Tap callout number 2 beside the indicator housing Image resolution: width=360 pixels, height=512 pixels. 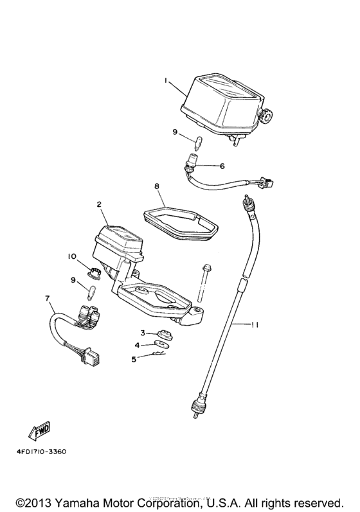click(99, 205)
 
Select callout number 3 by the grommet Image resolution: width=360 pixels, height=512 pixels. click(143, 333)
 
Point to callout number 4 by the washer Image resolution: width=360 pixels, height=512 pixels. click(137, 345)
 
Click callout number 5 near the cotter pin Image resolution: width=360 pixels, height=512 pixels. click(134, 359)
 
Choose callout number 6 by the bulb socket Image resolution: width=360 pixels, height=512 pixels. click(222, 166)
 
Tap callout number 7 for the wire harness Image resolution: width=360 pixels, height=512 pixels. click(48, 298)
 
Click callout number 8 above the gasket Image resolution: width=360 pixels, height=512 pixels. click(157, 186)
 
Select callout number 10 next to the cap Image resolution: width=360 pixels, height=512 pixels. click(72, 257)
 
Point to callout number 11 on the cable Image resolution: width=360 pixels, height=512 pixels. click(255, 324)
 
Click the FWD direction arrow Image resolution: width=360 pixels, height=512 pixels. click(39, 429)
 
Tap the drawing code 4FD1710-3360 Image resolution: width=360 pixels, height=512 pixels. click(42, 452)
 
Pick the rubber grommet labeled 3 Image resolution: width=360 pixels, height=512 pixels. click(165, 335)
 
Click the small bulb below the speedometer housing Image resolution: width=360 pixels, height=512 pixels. click(199, 143)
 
